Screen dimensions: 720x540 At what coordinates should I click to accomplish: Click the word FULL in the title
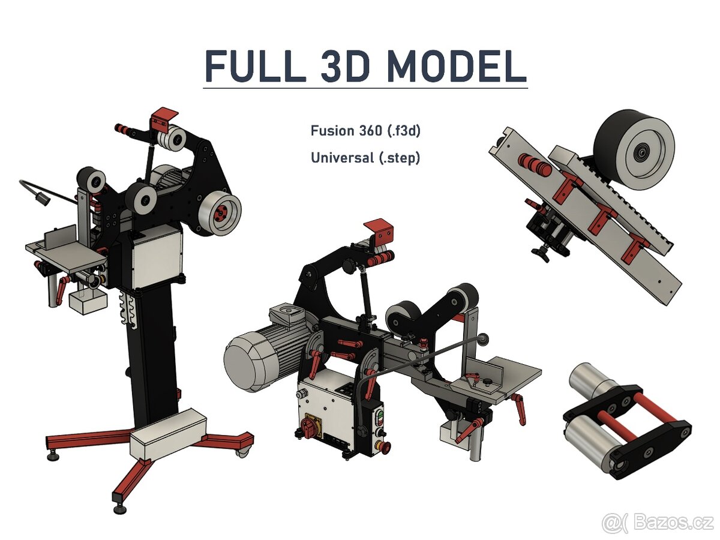click(x=256, y=66)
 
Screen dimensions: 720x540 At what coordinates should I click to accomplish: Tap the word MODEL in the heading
click(x=457, y=66)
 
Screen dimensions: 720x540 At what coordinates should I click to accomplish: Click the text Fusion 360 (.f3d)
click(x=365, y=131)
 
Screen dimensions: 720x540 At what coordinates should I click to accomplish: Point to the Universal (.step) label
click(x=365, y=158)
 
